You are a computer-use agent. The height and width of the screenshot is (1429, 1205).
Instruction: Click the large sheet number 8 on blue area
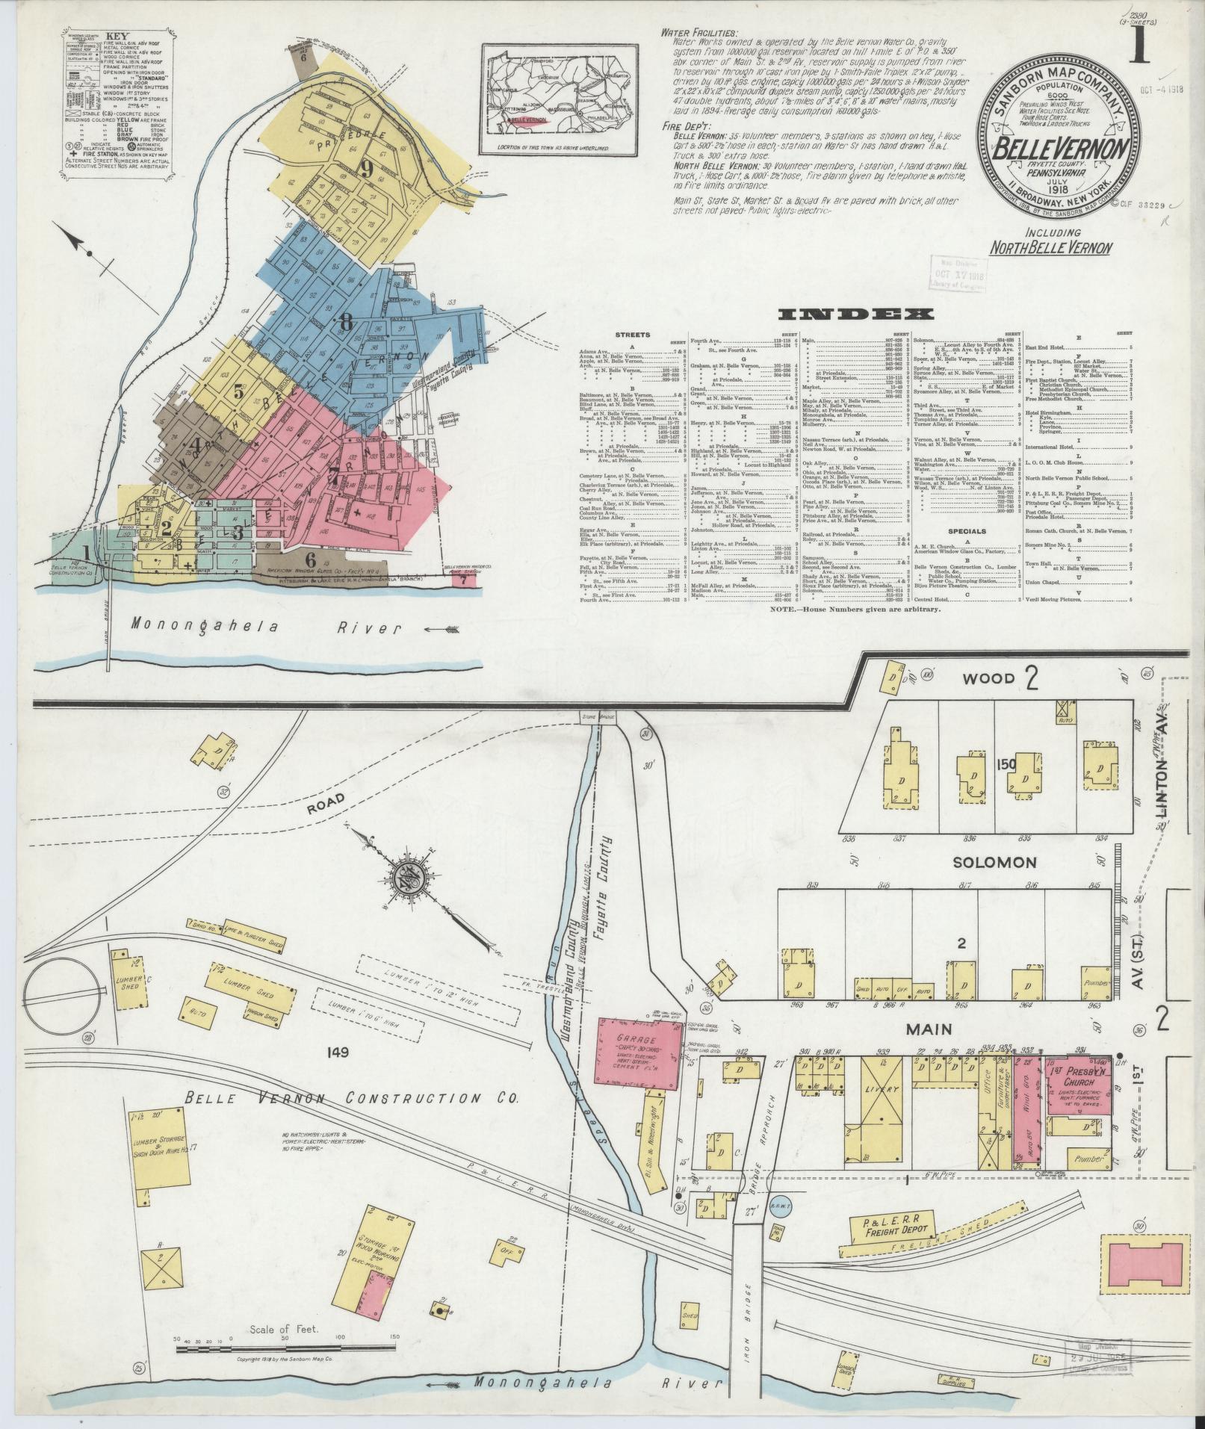tap(344, 322)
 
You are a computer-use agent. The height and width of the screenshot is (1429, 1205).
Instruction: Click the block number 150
tap(1006, 763)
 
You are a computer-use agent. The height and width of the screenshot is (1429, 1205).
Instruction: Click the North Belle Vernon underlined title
tap(1051, 247)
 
